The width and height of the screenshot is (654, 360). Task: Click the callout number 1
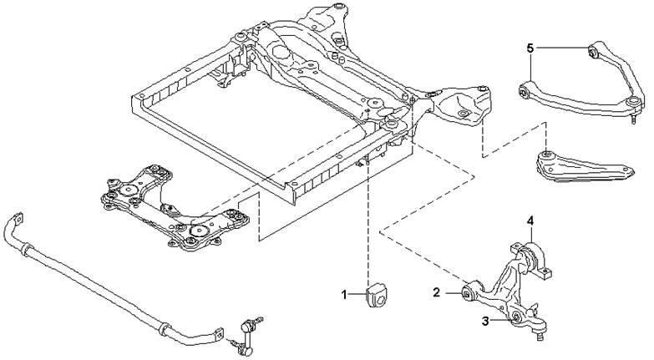point(344,296)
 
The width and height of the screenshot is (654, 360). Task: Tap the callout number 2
point(436,292)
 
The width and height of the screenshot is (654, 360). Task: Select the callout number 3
point(485,321)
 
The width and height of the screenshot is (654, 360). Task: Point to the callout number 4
point(530,221)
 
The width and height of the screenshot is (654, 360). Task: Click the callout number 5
point(530,48)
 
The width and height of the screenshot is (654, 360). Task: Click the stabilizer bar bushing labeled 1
point(377,295)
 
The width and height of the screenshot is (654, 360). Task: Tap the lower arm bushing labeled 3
point(515,317)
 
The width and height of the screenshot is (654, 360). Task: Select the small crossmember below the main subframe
point(175,207)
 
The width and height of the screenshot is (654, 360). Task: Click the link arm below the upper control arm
point(585,168)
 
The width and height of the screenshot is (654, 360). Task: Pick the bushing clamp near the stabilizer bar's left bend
point(25,250)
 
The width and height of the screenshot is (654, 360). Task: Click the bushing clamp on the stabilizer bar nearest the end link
point(165,328)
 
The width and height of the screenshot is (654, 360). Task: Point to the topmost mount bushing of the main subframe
point(339,6)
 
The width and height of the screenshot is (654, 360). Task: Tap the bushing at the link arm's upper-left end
point(547,155)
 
